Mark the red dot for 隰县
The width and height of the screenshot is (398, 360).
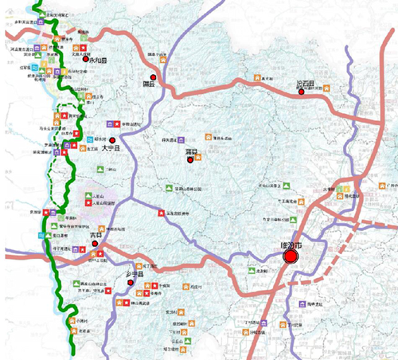click(154, 77)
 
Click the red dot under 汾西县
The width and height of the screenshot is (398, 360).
click(302, 93)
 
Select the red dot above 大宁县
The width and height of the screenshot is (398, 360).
click(101, 140)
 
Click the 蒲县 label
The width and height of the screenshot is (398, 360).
click(190, 151)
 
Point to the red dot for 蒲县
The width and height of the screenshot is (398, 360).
click(189, 160)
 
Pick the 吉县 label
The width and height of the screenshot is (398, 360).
click(96, 236)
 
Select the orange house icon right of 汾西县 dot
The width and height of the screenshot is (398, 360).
click(323, 89)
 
